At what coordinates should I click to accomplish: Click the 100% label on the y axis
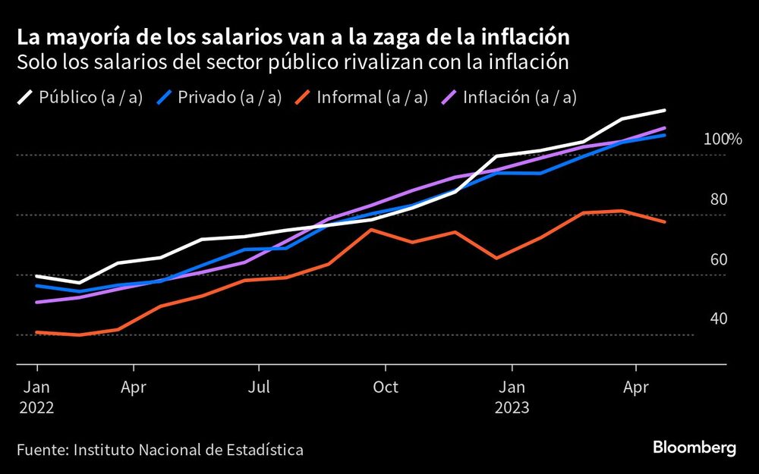tap(722, 140)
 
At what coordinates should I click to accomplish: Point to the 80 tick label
tap(718, 199)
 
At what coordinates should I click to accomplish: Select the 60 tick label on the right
tap(718, 259)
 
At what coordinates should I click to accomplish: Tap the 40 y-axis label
tap(718, 319)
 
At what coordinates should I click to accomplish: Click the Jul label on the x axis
tap(259, 387)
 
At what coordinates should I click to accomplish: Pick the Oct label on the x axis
tap(386, 387)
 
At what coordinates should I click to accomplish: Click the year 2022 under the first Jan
tap(36, 407)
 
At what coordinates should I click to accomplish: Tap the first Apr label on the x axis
tap(134, 387)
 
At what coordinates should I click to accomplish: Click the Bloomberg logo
tap(694, 448)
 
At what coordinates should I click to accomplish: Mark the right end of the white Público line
tap(665, 111)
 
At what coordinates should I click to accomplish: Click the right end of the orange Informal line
tap(665, 222)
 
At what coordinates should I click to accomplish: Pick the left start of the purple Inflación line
tap(36, 303)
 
